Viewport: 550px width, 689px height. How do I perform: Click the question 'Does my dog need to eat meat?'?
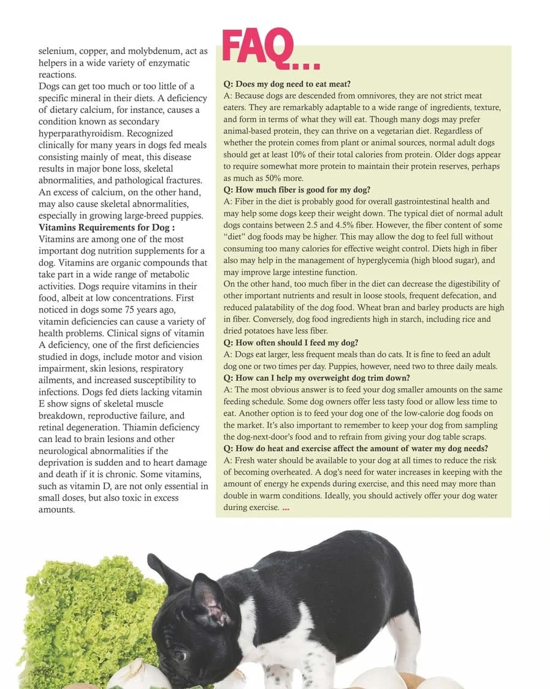point(286,84)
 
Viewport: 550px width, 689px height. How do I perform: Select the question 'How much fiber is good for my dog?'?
point(297,189)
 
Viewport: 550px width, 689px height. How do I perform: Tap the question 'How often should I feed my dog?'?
point(291,343)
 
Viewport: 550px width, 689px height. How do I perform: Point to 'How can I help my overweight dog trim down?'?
point(316,378)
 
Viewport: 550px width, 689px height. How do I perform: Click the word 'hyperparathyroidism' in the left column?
point(105,134)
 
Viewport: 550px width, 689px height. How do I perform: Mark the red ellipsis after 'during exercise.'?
point(286,508)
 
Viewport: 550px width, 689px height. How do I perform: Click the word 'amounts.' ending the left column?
point(56,509)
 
